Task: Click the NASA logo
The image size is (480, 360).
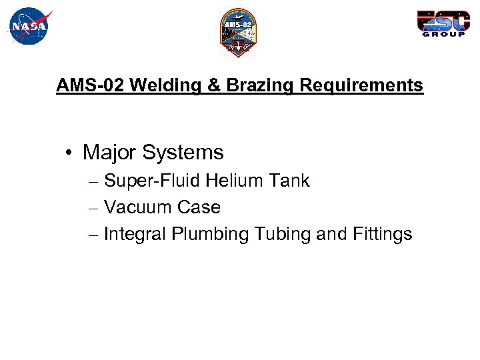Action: [30, 26]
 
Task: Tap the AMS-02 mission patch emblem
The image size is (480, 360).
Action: [238, 32]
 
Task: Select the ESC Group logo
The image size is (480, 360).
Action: [443, 23]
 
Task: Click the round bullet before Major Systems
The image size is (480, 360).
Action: [69, 153]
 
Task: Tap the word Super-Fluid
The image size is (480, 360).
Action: [153, 181]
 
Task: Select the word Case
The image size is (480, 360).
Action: [199, 207]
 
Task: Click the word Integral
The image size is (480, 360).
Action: [135, 234]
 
